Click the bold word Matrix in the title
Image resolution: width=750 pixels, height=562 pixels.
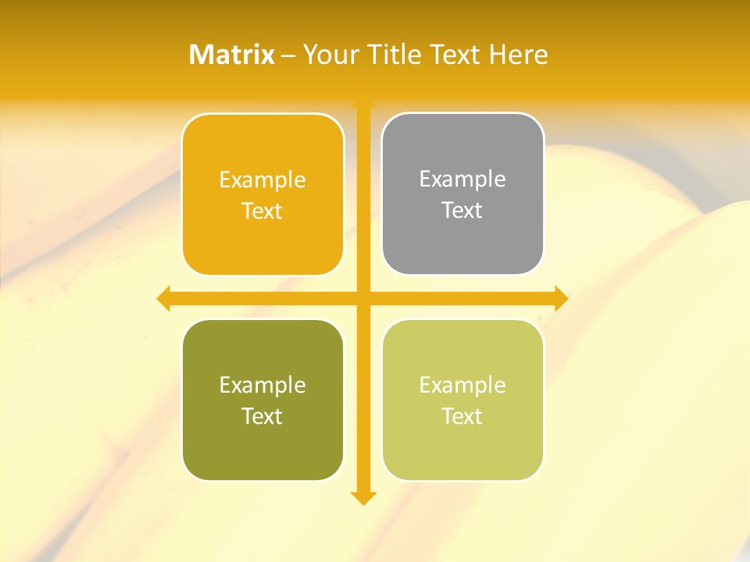tap(232, 55)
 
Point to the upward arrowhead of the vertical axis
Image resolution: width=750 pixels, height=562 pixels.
tap(362, 101)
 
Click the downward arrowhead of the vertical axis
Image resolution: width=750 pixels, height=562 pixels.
tap(362, 497)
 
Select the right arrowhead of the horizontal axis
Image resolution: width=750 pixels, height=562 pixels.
tap(560, 298)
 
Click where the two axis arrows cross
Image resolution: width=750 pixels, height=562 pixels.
tap(362, 298)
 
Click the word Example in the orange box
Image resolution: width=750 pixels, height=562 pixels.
tap(262, 180)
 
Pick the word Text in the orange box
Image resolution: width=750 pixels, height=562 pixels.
tap(262, 211)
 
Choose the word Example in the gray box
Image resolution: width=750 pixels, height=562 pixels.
tap(462, 179)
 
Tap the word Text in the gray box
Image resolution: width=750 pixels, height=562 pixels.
tap(462, 210)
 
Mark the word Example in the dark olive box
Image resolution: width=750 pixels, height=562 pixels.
tap(262, 385)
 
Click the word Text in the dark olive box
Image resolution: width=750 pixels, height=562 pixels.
tap(262, 416)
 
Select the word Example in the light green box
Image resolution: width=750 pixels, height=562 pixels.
tap(462, 385)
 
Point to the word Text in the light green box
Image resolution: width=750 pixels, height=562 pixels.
tap(462, 416)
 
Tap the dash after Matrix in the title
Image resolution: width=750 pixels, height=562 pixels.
tap(288, 55)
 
